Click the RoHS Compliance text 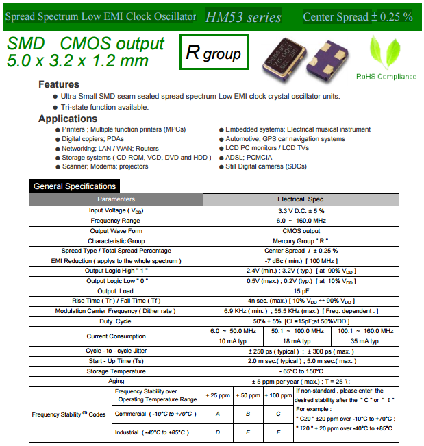pos(386,77)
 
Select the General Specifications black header pos(75,186)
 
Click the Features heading pos(59,84)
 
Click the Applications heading pos(68,119)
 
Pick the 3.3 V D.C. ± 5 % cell pos(301,211)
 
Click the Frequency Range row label pos(116,221)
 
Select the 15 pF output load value pos(301,291)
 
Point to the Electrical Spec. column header pos(301,199)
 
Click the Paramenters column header pos(116,199)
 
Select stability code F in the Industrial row pos(278,433)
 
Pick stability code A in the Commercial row pos(217,414)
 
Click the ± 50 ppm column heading pos(248,395)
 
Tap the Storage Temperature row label pos(116,371)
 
